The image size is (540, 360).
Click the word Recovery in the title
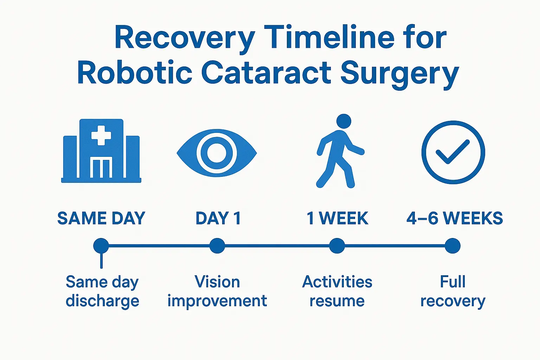click(185, 38)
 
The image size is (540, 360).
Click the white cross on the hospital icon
click(101, 135)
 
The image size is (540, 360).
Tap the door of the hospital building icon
click(101, 168)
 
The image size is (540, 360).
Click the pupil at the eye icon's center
click(217, 153)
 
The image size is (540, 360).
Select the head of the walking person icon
click(343, 121)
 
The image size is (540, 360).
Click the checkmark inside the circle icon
click(453, 152)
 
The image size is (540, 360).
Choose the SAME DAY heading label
click(101, 218)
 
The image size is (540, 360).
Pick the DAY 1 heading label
click(218, 218)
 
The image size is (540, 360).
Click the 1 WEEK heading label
click(337, 218)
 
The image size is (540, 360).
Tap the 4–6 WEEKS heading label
click(454, 218)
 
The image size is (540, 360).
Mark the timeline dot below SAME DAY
click(101, 246)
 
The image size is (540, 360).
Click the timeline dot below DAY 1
click(217, 246)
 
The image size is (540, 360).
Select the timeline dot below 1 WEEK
click(337, 246)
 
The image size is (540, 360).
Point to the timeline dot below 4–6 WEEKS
click(452, 246)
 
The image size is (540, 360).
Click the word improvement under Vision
click(217, 301)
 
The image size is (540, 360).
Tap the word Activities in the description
click(337, 282)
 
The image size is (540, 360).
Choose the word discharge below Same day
click(102, 301)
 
